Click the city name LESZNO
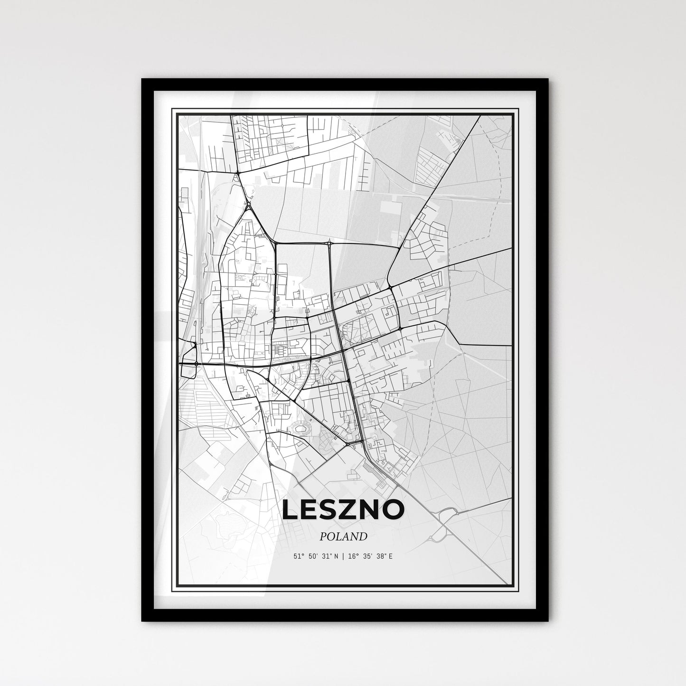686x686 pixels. pos(343,509)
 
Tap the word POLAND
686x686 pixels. pos(343,537)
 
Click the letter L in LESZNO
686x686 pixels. pos(290,509)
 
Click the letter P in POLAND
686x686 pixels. pos(323,537)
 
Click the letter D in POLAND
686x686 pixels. pos(363,537)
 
